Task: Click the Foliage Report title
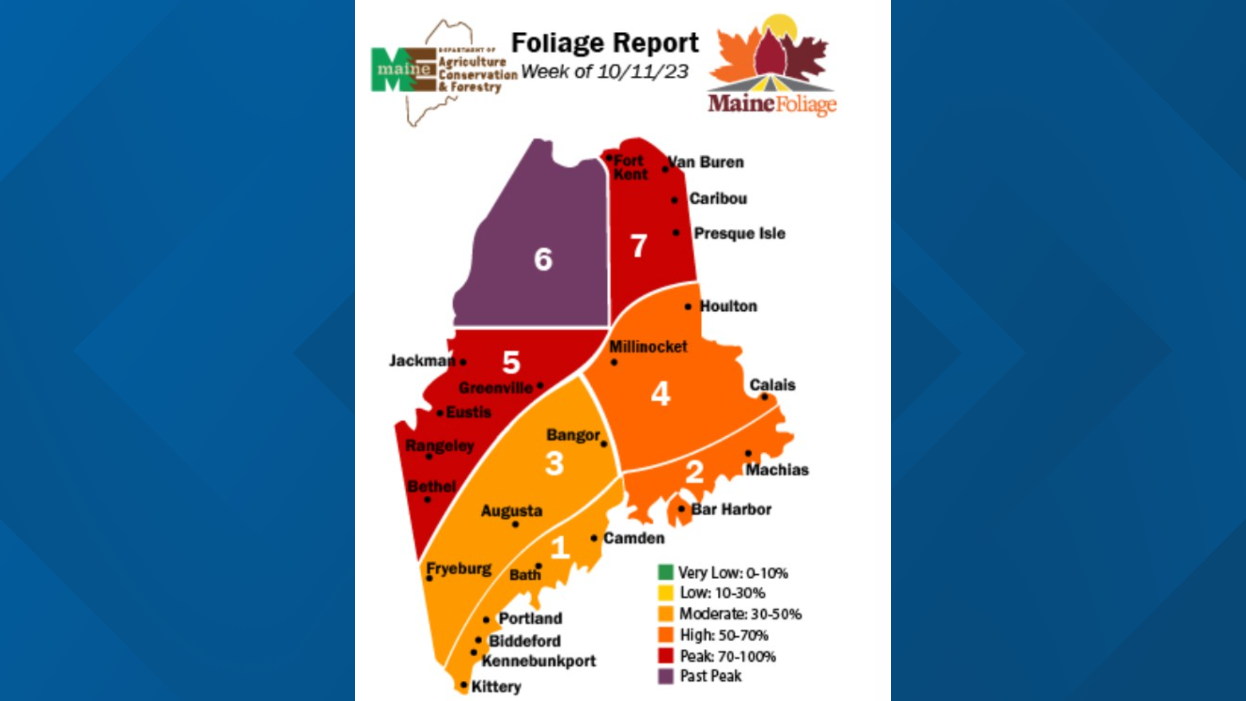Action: point(605,43)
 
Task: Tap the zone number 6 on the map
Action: point(543,259)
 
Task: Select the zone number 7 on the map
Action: point(639,246)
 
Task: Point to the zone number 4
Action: point(660,393)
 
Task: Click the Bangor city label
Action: point(572,435)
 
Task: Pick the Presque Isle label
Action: point(739,233)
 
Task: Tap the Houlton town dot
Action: point(688,306)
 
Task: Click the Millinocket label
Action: point(648,347)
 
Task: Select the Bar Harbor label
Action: point(731,510)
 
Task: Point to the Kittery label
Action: point(496,686)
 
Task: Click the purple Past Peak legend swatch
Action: point(666,676)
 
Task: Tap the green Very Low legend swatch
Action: point(666,572)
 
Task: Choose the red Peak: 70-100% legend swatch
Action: point(666,656)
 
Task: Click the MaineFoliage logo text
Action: point(772,103)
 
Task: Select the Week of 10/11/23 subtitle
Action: point(604,71)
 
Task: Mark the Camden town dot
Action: point(594,538)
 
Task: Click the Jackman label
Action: point(421,360)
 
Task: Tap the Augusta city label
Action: point(511,511)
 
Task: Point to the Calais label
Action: point(772,385)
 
